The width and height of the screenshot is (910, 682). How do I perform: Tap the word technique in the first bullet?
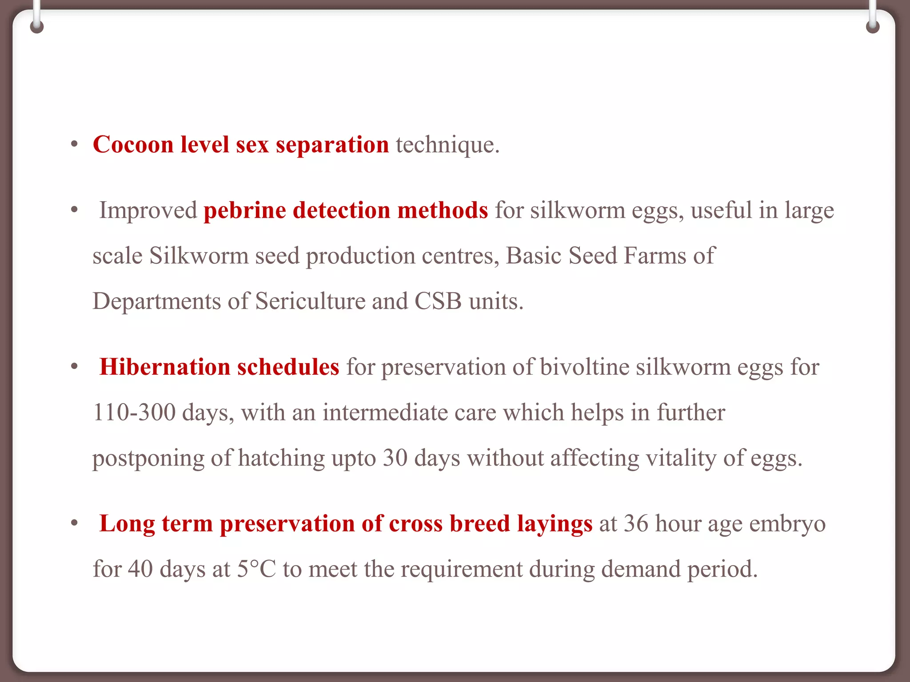point(447,145)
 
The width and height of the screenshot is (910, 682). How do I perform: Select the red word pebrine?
point(244,210)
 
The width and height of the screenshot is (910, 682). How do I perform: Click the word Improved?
point(148,210)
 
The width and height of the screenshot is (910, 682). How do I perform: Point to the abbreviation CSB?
point(438,301)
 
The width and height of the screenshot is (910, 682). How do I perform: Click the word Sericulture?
point(310,301)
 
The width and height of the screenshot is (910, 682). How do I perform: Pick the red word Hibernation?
point(165,367)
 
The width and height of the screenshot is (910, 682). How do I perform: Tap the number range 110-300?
point(134,412)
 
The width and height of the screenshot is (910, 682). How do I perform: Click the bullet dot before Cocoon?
point(74,144)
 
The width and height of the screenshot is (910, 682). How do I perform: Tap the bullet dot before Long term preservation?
point(74,523)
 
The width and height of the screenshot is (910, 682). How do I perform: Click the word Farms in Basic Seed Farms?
point(655,256)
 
